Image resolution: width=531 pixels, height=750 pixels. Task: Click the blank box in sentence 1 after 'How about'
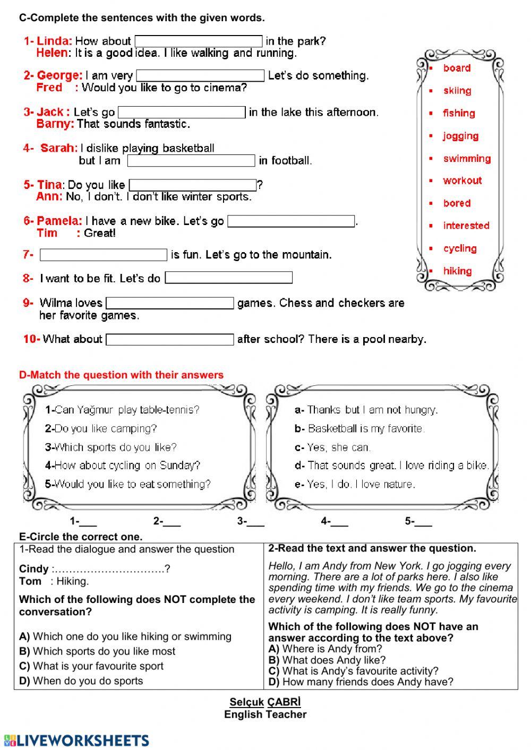[x=199, y=41]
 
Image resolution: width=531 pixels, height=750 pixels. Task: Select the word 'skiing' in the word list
[x=457, y=91]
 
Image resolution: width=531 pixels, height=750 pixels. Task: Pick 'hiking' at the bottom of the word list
[x=457, y=271]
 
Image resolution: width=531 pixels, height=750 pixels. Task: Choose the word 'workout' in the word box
[x=463, y=180]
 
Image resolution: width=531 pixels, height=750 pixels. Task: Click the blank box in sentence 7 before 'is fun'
[x=104, y=255]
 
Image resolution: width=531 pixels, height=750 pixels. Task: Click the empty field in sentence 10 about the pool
[x=170, y=340]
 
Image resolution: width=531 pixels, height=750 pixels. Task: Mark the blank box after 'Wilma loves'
[x=170, y=304]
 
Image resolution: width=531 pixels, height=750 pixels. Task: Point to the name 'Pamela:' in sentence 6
[x=59, y=221]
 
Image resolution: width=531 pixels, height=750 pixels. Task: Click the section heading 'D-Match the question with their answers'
[x=121, y=375]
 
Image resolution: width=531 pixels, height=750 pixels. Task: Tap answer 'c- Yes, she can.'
[x=332, y=447]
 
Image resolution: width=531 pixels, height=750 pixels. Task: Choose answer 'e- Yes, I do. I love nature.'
[x=355, y=484]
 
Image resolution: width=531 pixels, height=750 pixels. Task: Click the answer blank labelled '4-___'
[x=335, y=522]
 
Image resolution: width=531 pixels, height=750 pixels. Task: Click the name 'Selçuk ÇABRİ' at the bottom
[x=265, y=702]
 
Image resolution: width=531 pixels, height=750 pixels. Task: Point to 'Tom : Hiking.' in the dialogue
[x=54, y=581]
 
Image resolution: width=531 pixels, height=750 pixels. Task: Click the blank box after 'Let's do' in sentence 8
[x=228, y=278]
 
